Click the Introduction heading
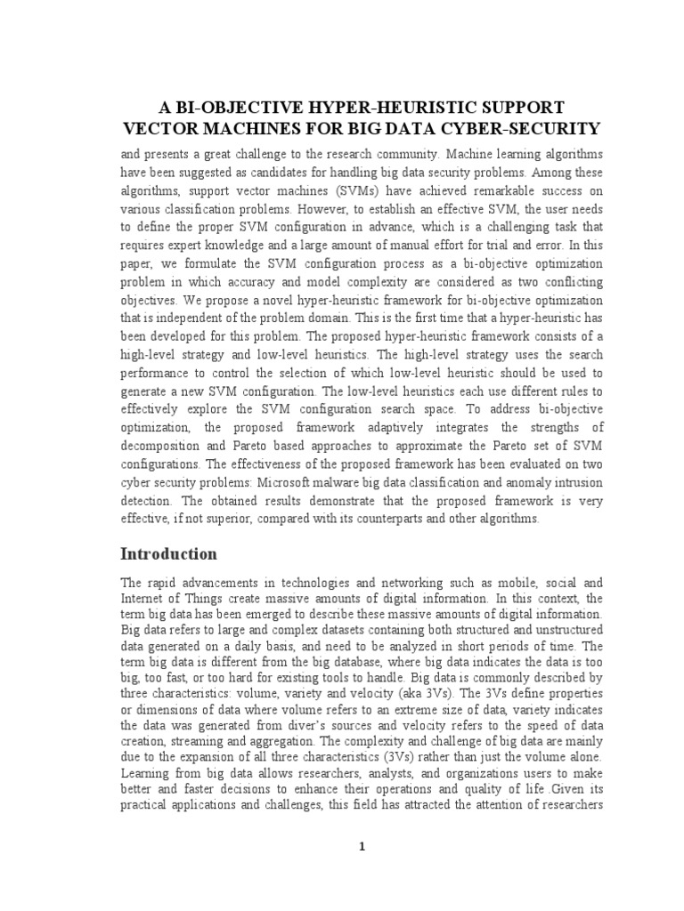point(168,554)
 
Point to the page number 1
point(362,847)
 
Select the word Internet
point(142,599)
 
